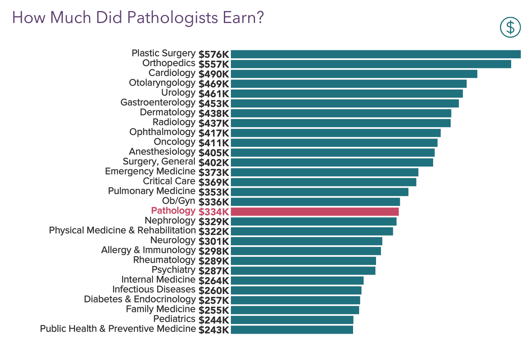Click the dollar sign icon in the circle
510,27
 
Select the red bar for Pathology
315,212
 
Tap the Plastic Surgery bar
376,54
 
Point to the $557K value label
214,64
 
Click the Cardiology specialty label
172,73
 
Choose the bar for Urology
347,93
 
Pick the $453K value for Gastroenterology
214,103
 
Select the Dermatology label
167,112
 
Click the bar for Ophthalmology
335,133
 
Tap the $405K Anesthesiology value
214,153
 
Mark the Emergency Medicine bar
324,172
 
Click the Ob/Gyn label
179,201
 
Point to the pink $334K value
214,212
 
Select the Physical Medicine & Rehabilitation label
122,230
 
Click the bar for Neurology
306,241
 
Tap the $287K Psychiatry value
214,271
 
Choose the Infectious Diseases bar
296,290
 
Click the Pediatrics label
174,319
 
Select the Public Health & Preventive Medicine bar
292,330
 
